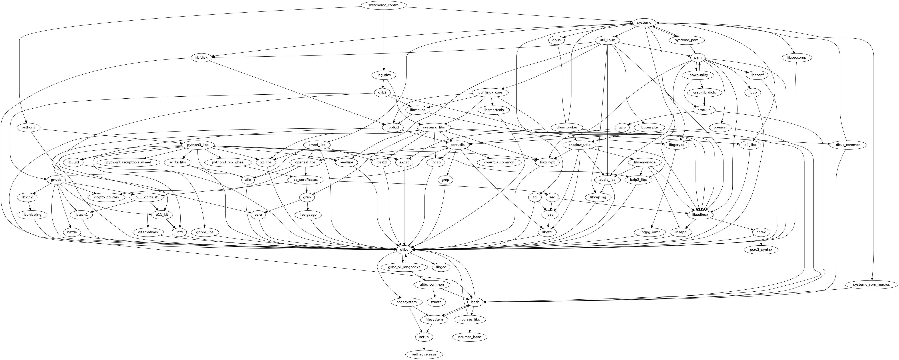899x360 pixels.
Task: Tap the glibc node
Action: (x=404, y=250)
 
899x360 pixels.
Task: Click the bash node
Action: (x=475, y=302)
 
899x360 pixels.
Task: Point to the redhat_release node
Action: (x=424, y=354)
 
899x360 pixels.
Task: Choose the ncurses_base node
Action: (x=470, y=337)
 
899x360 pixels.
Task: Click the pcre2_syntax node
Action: (x=761, y=250)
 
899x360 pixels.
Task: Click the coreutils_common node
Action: (x=499, y=162)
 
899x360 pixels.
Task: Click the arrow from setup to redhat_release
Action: (x=424, y=346)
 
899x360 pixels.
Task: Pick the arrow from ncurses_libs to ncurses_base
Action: (x=470, y=328)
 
